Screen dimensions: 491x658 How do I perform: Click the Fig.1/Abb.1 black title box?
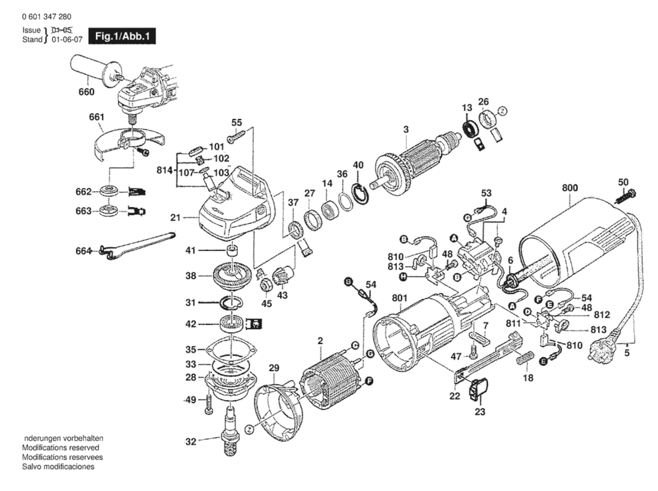click(122, 36)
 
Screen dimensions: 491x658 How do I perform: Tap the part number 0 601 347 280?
click(46, 17)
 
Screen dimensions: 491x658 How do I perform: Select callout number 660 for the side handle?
click(86, 92)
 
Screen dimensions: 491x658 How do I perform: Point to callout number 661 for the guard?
click(96, 117)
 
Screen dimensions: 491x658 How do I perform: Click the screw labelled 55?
click(236, 136)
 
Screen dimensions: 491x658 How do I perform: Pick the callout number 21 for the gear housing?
click(175, 217)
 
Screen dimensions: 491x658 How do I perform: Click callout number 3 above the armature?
click(406, 129)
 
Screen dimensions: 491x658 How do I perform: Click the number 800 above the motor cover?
click(569, 188)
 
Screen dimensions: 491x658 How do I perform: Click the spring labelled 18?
click(525, 358)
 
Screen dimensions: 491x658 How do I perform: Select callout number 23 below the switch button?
click(480, 411)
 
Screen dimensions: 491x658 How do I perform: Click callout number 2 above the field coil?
click(320, 341)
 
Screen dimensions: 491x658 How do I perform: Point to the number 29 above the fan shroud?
click(274, 368)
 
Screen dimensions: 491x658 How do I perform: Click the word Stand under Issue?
click(32, 39)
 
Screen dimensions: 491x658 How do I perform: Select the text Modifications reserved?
click(61, 447)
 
